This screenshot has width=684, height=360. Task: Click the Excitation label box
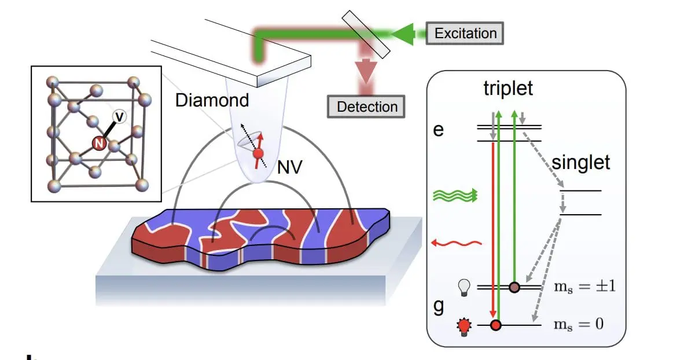click(x=465, y=32)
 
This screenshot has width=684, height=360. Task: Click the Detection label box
click(x=366, y=106)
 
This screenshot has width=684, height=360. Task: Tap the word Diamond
click(x=212, y=100)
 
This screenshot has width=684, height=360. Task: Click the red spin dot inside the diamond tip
click(x=258, y=153)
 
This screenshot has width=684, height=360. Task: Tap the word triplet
click(x=509, y=89)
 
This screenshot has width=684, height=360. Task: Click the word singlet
click(x=580, y=163)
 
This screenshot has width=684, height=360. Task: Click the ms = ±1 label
click(x=579, y=287)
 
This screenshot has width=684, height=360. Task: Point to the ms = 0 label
click(x=575, y=325)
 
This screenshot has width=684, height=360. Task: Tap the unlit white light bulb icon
click(x=464, y=287)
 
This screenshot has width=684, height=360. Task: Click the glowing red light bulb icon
click(x=464, y=326)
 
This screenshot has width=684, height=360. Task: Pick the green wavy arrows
click(x=455, y=196)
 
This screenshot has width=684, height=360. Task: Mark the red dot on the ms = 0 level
click(x=495, y=325)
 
